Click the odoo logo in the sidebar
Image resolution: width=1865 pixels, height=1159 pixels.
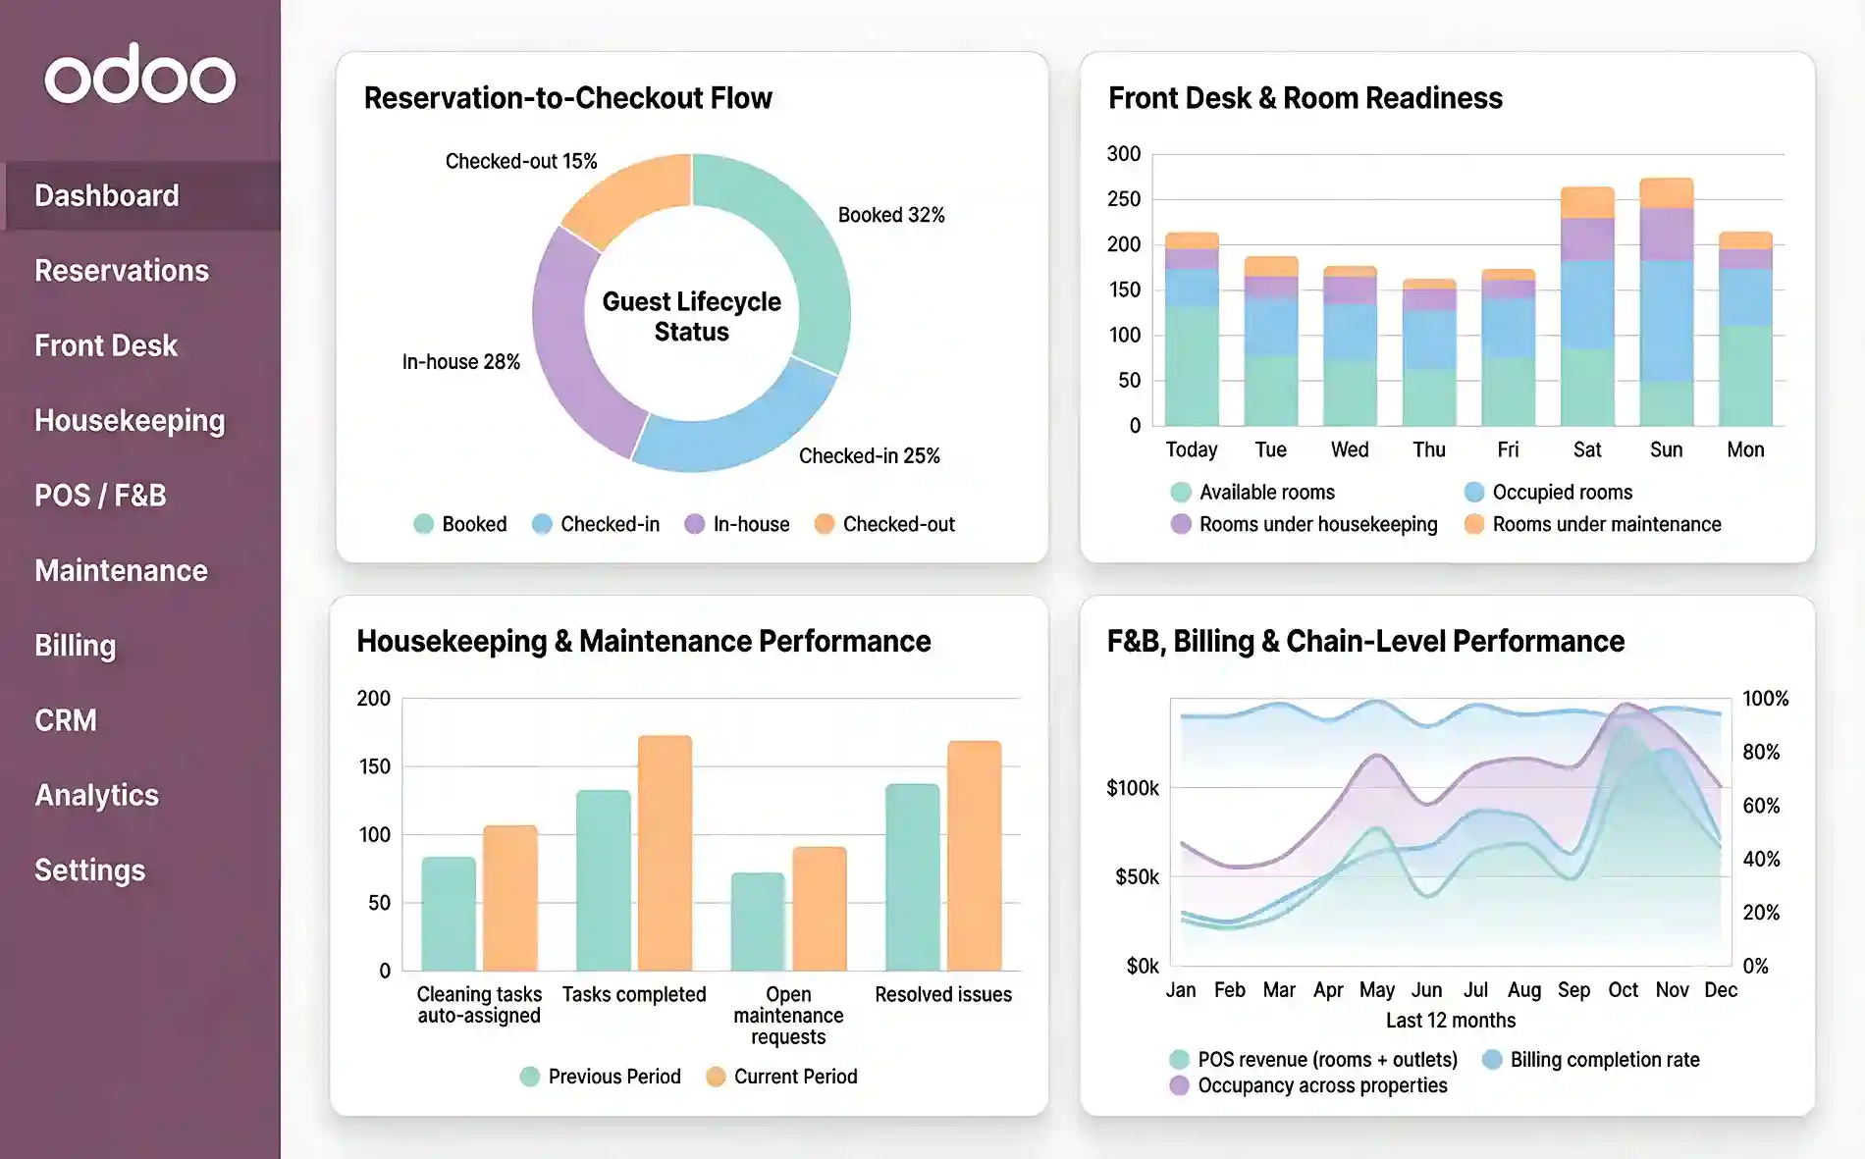(140, 75)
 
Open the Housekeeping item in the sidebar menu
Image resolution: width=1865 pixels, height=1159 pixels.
(130, 421)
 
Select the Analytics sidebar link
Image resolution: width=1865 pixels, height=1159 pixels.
(96, 795)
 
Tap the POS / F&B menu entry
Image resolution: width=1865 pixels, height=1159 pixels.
(100, 496)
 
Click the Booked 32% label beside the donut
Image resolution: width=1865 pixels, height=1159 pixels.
(890, 215)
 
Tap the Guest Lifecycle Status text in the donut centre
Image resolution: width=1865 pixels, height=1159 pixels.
(691, 316)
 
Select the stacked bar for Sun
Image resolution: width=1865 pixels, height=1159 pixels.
(1666, 304)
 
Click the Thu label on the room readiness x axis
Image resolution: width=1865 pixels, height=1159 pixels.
(1428, 449)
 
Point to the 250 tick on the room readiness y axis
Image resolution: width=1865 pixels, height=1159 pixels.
(1124, 199)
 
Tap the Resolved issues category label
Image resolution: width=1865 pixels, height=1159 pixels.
(942, 994)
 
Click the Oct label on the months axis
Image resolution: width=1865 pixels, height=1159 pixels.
(1623, 990)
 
